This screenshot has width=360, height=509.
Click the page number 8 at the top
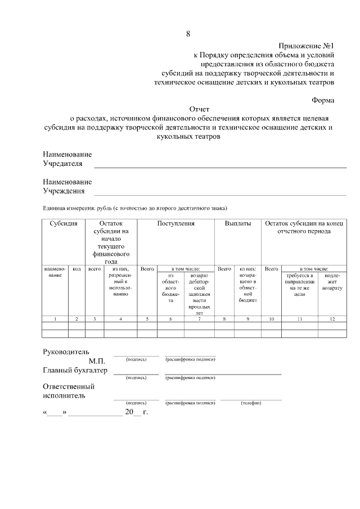[188, 34]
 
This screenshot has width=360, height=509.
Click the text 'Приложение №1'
[306, 46]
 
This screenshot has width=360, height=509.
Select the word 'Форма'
[323, 100]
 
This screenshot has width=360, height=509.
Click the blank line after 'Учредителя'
[219, 166]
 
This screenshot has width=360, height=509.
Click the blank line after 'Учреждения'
[219, 194]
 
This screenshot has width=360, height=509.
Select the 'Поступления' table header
[176, 223]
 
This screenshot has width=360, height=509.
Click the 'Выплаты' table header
[238, 223]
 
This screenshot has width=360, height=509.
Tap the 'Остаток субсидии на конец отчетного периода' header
[305, 227]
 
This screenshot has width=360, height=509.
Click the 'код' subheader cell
[77, 269]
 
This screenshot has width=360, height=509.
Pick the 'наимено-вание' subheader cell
[55, 272]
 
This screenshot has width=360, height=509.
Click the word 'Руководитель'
[66, 352]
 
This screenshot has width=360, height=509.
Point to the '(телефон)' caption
[250, 403]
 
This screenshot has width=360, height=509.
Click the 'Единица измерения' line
[135, 208]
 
